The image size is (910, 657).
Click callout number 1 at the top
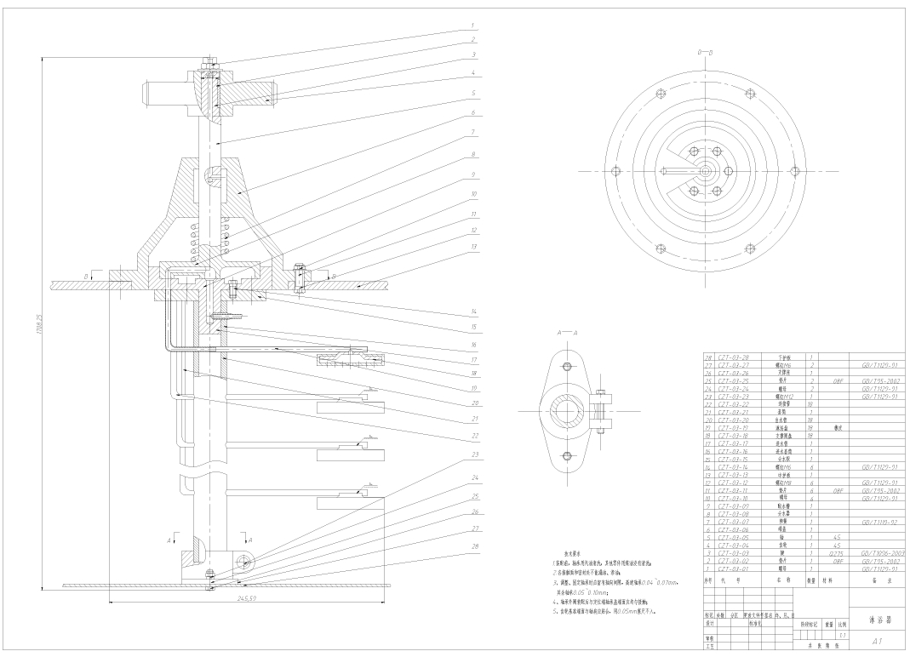[472, 26]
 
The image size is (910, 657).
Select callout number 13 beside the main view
[472, 247]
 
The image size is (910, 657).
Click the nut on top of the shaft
[210, 61]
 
